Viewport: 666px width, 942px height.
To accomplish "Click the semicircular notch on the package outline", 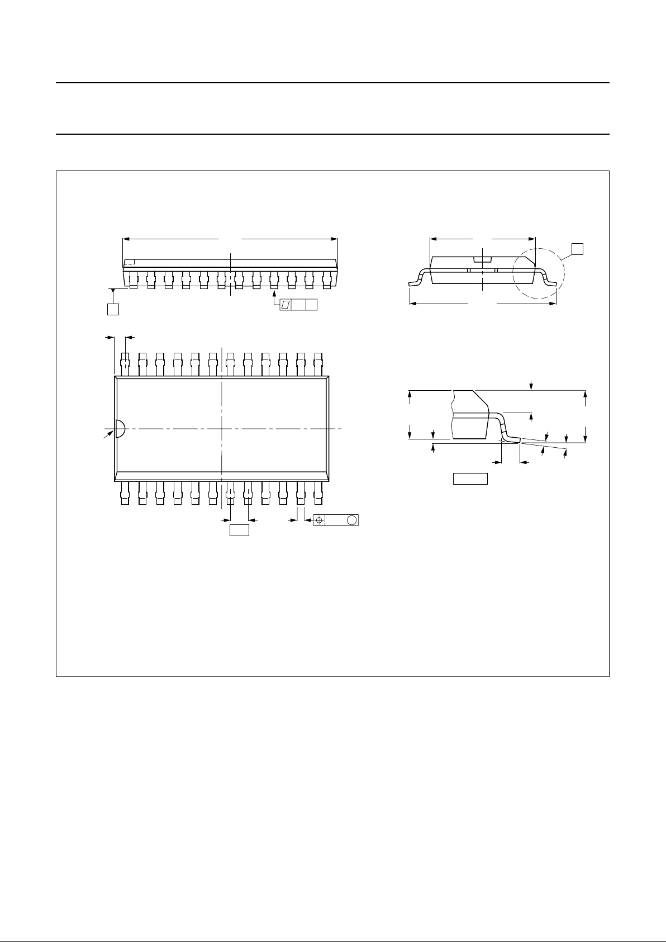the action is (119, 428).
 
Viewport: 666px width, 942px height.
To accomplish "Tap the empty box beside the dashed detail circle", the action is (578, 249).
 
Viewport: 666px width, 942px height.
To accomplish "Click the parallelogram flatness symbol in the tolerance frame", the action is (285, 305).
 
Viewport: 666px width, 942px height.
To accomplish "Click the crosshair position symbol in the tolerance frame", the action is (319, 520).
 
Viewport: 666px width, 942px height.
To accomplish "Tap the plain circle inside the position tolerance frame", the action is (351, 520).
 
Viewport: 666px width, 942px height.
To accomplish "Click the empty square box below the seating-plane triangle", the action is (113, 309).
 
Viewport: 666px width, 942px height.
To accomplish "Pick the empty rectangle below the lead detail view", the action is (470, 479).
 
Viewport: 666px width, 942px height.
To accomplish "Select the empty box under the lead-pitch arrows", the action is (239, 530).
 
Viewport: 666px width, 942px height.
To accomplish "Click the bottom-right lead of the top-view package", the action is (318, 493).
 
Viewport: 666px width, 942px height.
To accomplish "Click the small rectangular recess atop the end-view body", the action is (482, 259).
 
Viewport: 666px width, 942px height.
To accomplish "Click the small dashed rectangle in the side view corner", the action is (129, 262).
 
